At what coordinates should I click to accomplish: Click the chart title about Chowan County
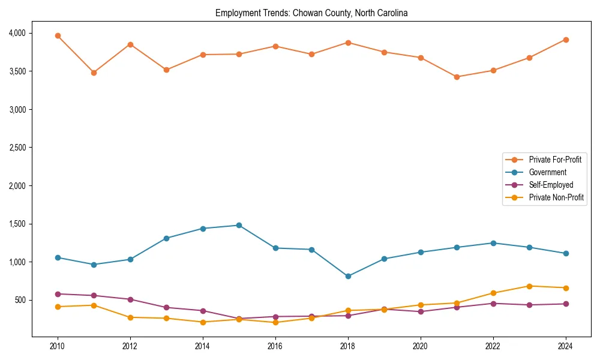(x=311, y=13)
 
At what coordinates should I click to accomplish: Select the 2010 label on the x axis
(x=58, y=346)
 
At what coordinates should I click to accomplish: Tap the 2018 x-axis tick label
(x=348, y=346)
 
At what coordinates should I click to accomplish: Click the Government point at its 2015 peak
(x=239, y=226)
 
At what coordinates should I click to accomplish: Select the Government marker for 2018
(x=348, y=277)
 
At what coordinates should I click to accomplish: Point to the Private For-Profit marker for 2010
(x=58, y=36)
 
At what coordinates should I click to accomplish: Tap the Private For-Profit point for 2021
(x=457, y=77)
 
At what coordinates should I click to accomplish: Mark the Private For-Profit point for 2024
(x=566, y=40)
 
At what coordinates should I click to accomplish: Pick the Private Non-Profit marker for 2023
(x=529, y=286)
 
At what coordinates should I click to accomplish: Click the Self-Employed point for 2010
(x=58, y=294)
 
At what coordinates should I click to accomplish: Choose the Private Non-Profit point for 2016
(x=275, y=322)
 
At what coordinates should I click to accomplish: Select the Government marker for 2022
(x=493, y=243)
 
